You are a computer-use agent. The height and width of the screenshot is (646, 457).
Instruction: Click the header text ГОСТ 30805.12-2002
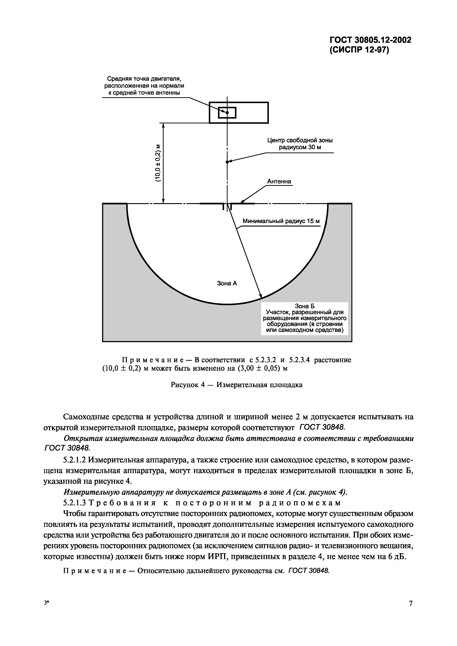370,40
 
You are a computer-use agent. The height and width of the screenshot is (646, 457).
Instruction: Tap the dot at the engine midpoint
227,113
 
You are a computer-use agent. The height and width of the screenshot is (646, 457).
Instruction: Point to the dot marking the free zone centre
227,162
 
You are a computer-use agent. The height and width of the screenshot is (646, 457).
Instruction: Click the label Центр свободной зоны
300,140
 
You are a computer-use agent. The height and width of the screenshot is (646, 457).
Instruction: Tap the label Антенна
279,181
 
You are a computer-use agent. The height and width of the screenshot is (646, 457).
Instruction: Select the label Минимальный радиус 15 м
281,221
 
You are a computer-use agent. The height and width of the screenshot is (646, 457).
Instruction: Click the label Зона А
227,283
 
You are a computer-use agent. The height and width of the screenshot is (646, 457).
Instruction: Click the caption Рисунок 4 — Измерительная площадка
237,385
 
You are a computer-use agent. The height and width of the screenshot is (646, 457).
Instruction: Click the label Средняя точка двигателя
142,78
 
